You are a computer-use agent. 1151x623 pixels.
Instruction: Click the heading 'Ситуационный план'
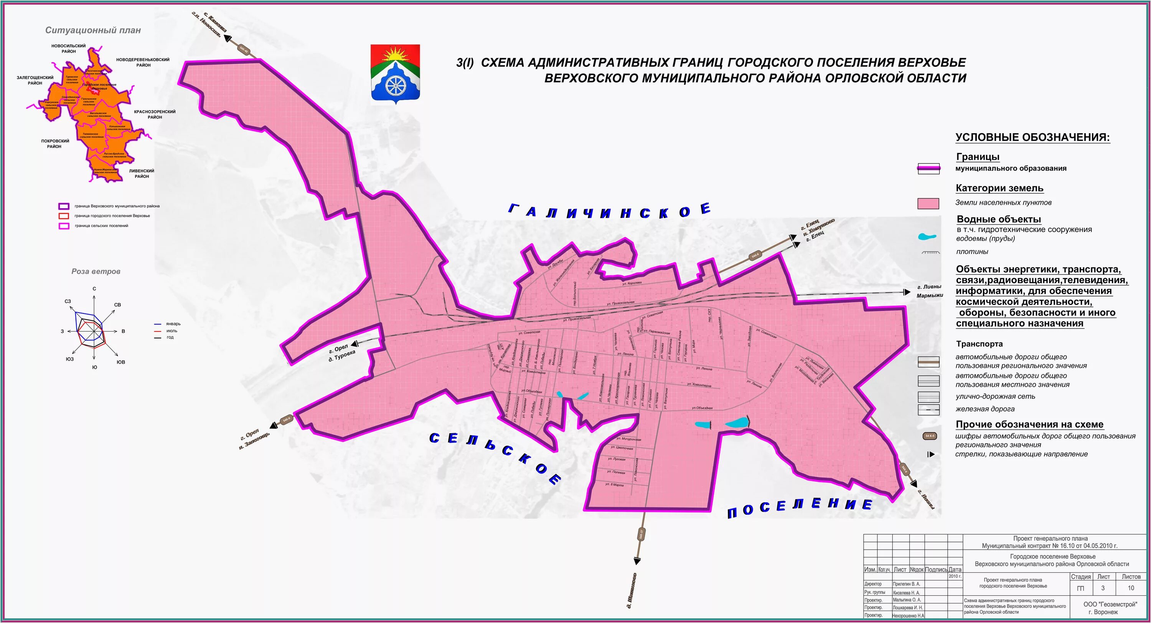click(93, 30)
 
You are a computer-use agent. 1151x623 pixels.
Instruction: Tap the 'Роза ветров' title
click(96, 272)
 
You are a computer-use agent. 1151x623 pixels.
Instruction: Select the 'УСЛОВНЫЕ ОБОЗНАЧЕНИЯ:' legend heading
click(1032, 137)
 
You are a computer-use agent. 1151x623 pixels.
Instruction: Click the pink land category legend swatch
click(928, 204)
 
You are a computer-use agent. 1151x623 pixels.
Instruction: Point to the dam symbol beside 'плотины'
click(930, 253)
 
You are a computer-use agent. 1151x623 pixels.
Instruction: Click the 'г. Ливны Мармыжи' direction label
click(929, 291)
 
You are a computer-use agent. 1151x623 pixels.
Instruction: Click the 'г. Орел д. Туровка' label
click(342, 353)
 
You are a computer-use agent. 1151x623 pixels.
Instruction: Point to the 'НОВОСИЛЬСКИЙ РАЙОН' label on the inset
click(68, 48)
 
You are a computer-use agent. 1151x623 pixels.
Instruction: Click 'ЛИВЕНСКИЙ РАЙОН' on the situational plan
click(142, 174)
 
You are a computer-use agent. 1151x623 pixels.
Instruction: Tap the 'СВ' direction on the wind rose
click(117, 305)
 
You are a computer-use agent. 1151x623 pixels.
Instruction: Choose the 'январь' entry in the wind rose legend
click(173, 324)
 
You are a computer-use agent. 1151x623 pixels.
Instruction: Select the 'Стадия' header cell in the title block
click(1080, 577)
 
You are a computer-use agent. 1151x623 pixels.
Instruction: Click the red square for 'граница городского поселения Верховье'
click(64, 216)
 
